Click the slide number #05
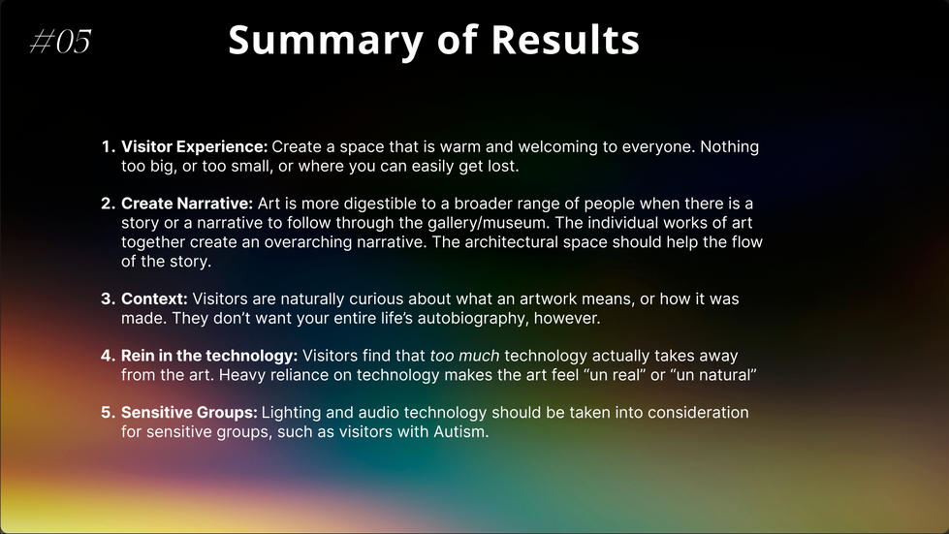coord(60,42)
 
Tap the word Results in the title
coord(565,40)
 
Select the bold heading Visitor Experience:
coord(194,147)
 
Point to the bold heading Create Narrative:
coord(187,204)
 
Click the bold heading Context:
coord(154,298)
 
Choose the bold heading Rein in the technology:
coord(209,356)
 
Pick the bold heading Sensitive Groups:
coord(189,413)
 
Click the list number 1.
coord(108,147)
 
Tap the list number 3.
coord(108,298)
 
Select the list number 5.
coord(108,413)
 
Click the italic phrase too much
coord(465,356)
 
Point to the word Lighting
coord(291,413)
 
